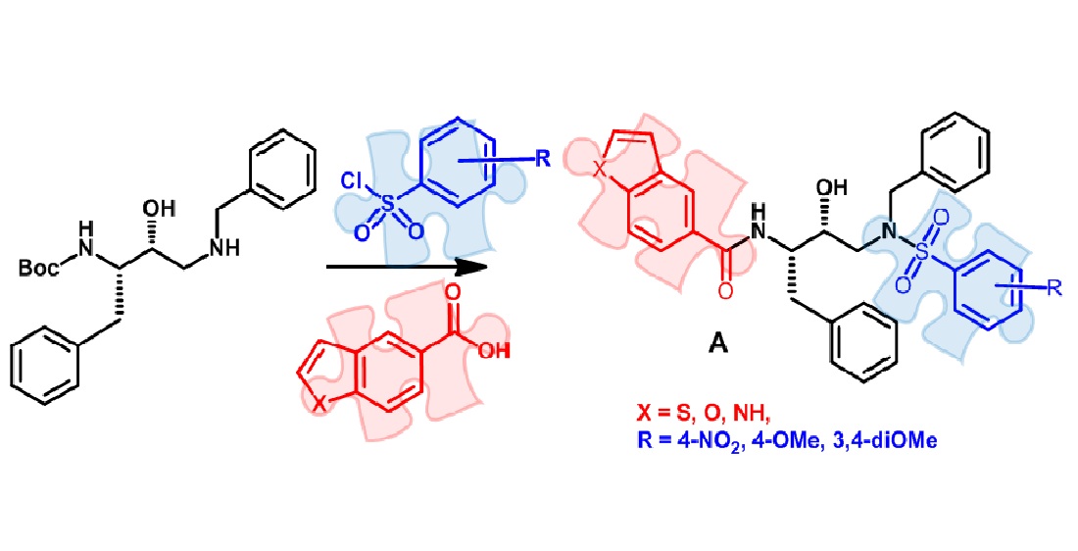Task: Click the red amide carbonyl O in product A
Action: (723, 290)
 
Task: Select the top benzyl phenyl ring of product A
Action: (942, 149)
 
